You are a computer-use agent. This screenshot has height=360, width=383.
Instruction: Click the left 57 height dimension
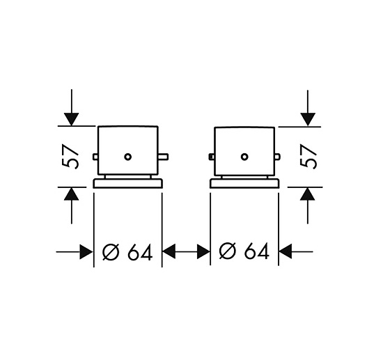(x=70, y=157)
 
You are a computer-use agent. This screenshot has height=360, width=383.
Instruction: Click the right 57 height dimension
(x=308, y=157)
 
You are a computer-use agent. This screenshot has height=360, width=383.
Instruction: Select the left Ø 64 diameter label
(x=127, y=251)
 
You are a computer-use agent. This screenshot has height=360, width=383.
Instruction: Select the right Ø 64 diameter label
(x=244, y=251)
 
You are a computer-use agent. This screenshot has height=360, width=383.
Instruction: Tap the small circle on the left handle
(x=127, y=157)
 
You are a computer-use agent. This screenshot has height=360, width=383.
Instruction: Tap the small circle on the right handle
(x=244, y=157)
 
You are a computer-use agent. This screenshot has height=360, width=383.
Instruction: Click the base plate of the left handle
(x=127, y=183)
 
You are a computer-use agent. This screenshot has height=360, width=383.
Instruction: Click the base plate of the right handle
(x=244, y=183)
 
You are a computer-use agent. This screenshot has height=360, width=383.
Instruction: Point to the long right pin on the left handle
(x=163, y=157)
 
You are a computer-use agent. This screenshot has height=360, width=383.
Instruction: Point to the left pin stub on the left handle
(x=95, y=157)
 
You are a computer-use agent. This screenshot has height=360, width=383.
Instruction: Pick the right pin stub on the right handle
(x=277, y=157)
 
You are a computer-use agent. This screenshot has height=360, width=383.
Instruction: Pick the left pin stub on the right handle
(x=212, y=157)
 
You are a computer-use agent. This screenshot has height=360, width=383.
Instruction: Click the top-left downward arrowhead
(x=71, y=120)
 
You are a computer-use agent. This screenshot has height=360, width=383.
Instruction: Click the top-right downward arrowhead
(x=308, y=120)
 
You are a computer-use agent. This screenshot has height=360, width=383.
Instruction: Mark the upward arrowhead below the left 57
(x=71, y=194)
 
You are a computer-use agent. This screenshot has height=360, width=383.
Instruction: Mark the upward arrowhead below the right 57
(x=308, y=194)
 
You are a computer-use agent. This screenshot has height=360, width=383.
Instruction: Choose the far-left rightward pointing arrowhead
(x=86, y=252)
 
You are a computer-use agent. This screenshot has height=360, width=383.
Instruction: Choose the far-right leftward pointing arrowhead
(x=286, y=251)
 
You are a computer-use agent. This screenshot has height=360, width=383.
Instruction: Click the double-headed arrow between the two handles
(x=186, y=251)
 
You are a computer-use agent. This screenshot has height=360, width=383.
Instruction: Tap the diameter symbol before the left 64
(x=111, y=251)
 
